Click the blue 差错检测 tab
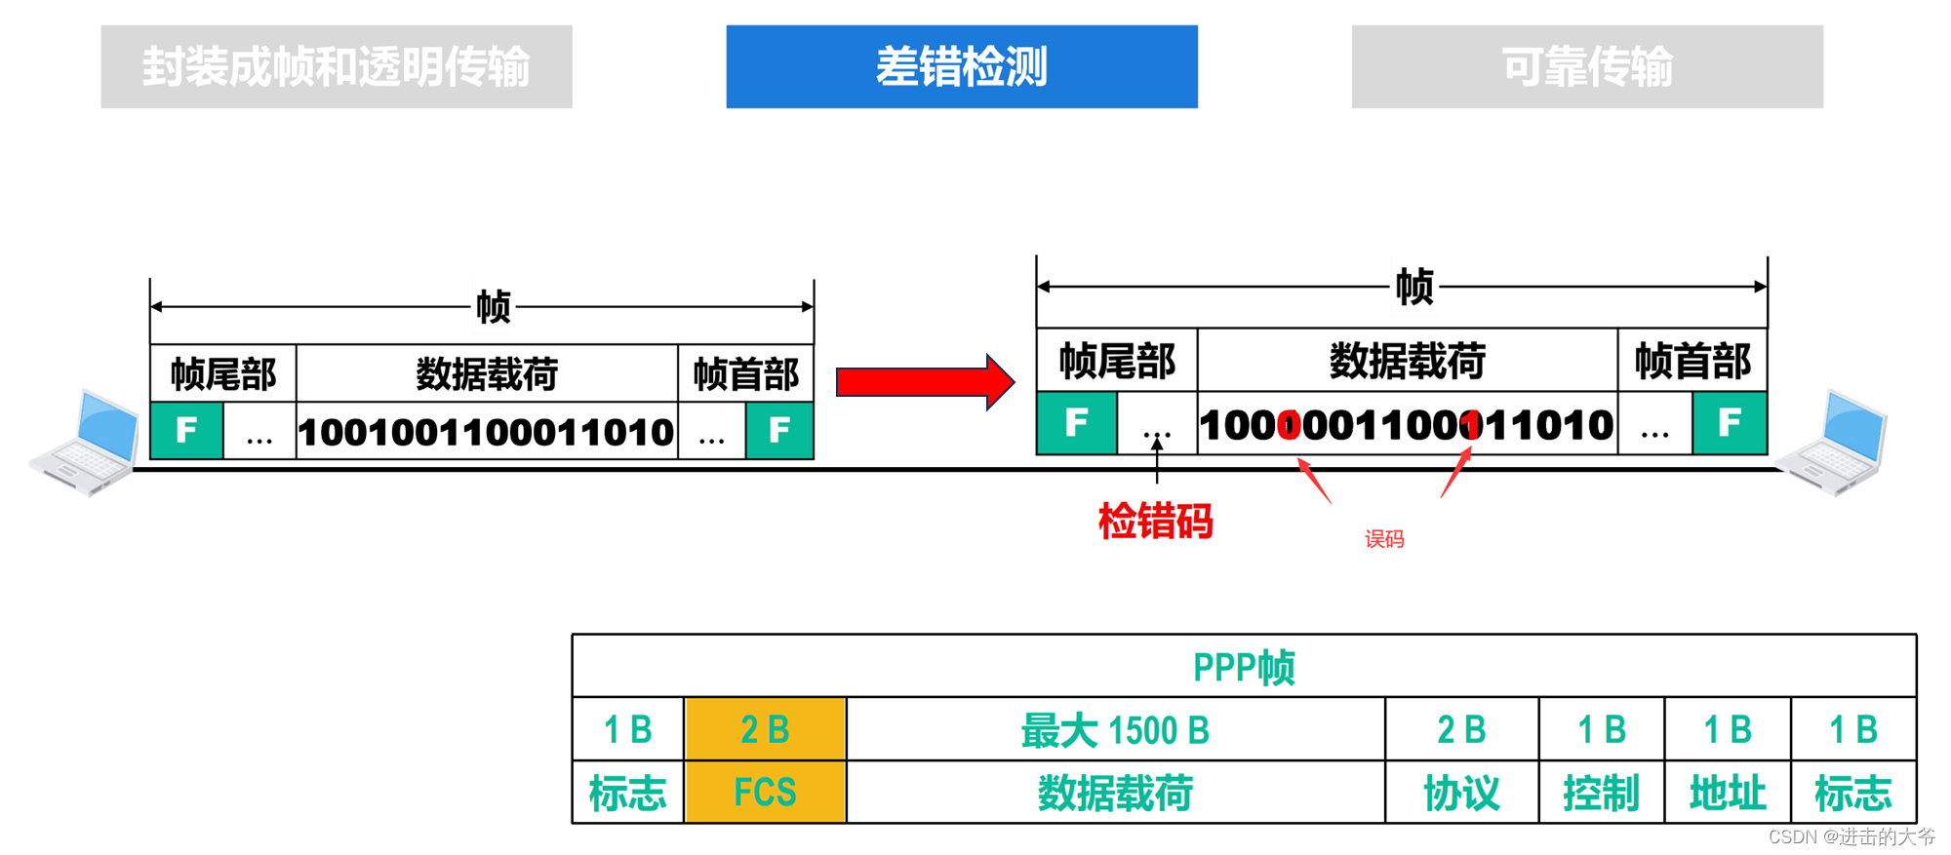961,66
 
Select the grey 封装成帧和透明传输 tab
336,66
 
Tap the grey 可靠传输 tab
1586,66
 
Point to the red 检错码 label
1155,522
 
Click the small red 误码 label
1383,539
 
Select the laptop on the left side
86,444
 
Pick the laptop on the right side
1834,444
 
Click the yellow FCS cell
765,792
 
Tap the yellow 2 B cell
765,729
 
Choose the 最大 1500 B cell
1115,729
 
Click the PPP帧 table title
1244,667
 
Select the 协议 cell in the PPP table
1460,792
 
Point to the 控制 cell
1601,792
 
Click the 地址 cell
1727,792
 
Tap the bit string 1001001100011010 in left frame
486,432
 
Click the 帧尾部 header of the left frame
223,373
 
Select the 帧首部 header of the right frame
1692,362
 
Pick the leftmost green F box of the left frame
186,430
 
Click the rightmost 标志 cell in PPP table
1852,792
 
